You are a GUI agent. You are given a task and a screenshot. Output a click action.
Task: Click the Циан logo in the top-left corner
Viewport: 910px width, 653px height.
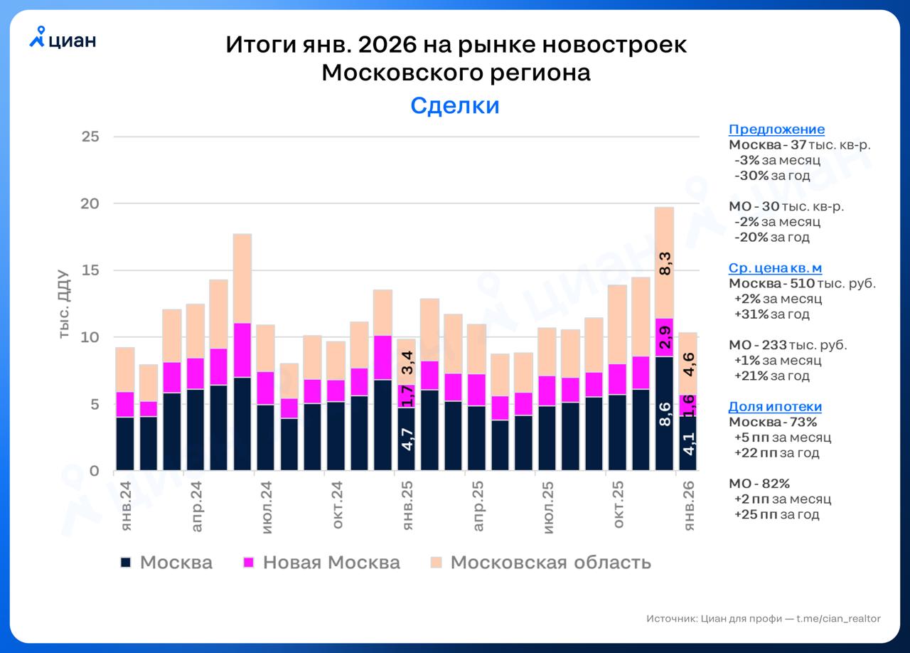pyautogui.click(x=63, y=39)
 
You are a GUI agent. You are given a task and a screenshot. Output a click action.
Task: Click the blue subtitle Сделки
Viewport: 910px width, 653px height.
pyautogui.click(x=455, y=105)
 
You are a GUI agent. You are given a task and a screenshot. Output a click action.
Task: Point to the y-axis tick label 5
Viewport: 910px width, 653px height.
pyautogui.click(x=94, y=404)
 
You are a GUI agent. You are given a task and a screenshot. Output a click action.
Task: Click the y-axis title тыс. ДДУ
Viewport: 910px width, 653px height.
pyautogui.click(x=63, y=304)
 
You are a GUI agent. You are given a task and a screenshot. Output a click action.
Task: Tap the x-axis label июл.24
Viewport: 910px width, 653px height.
pyautogui.click(x=267, y=507)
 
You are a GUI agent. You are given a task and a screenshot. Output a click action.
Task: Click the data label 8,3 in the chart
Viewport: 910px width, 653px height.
pyautogui.click(x=665, y=262)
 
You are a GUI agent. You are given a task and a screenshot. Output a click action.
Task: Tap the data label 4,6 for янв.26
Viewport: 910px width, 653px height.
pyautogui.click(x=689, y=364)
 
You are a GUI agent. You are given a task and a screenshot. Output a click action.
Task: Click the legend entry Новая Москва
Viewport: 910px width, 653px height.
pyautogui.click(x=331, y=563)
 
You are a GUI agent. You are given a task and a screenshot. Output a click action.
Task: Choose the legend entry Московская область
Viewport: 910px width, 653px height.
pyautogui.click(x=550, y=563)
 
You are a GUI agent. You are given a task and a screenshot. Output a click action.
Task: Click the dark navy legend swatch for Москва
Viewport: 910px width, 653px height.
pyautogui.click(x=126, y=563)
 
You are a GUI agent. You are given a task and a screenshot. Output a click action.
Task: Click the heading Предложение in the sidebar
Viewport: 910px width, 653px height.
pyautogui.click(x=776, y=129)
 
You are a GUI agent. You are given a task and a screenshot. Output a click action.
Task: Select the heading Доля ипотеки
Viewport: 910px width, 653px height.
pyautogui.click(x=775, y=407)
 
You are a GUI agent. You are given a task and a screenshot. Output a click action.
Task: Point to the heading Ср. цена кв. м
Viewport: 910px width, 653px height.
pyautogui.click(x=775, y=268)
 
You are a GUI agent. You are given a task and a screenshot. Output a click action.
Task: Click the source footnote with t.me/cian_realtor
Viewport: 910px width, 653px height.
pyautogui.click(x=763, y=619)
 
